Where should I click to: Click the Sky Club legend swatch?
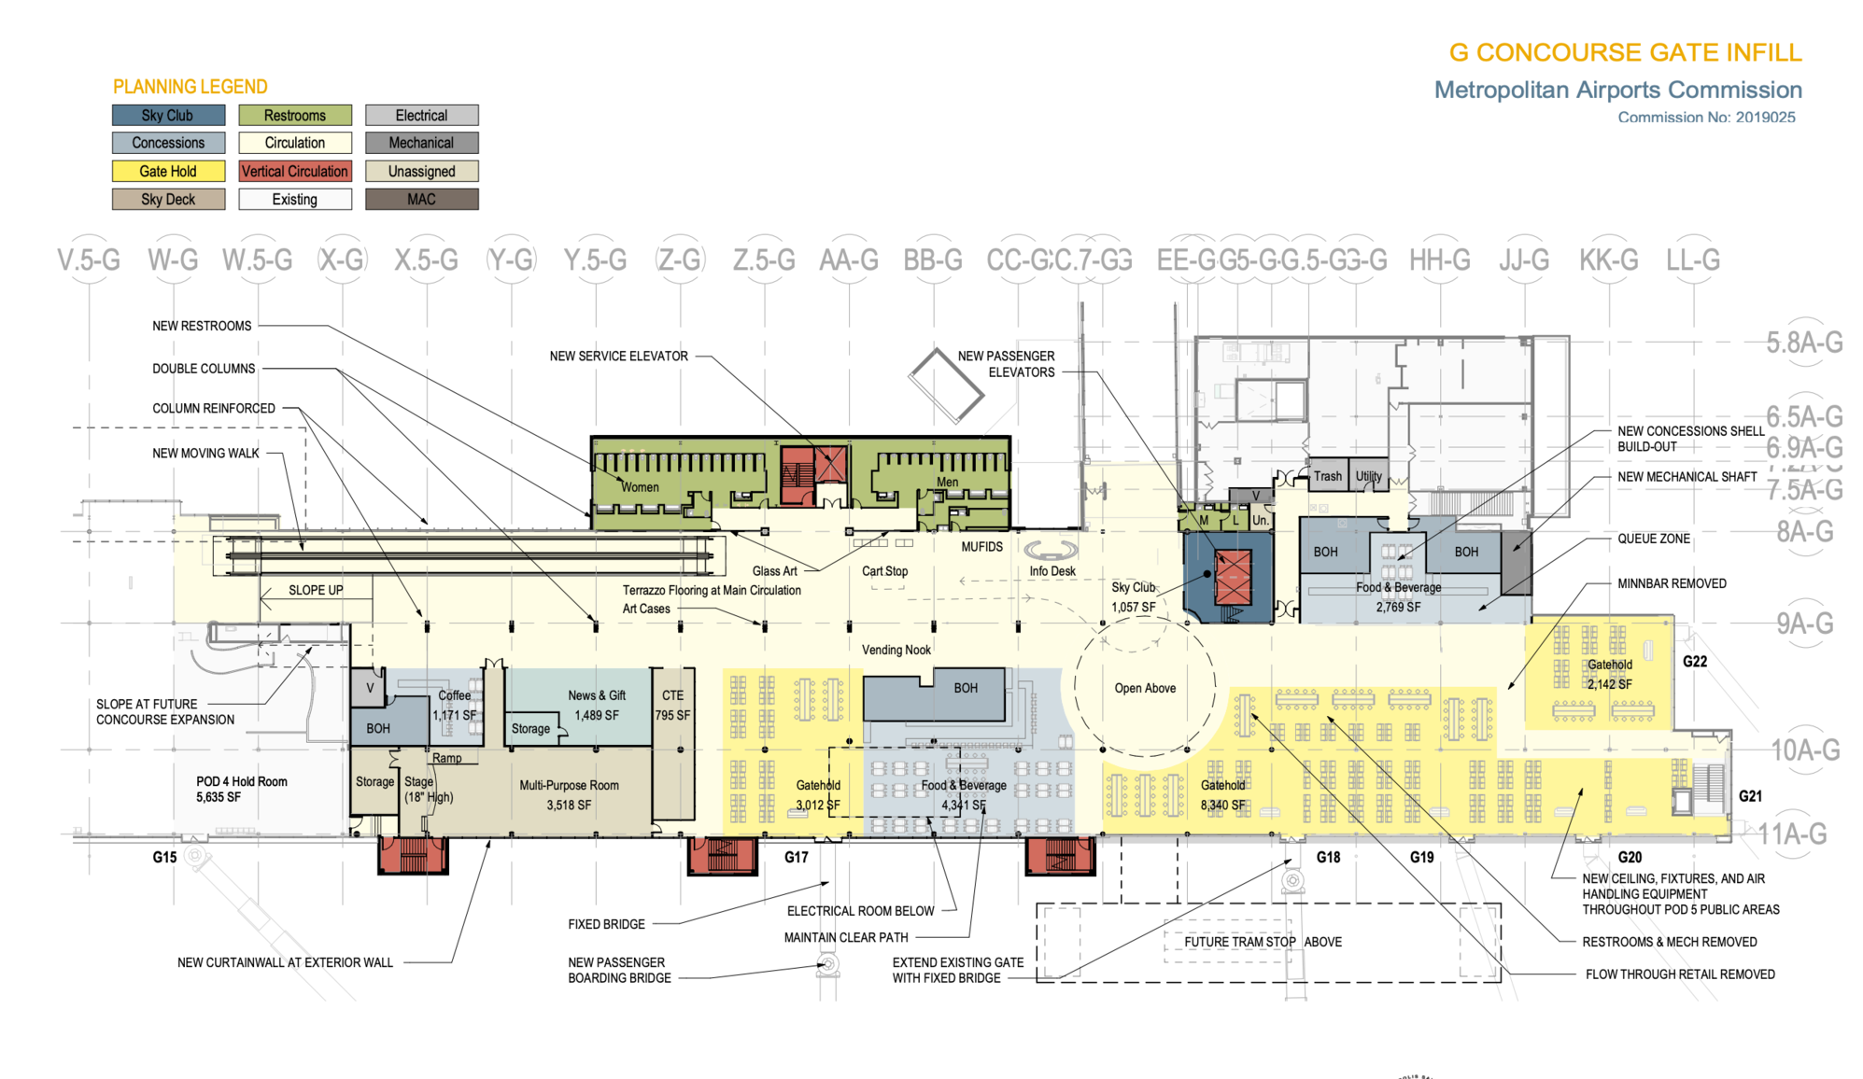pyautogui.click(x=168, y=116)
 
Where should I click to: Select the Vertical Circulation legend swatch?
pyautogui.click(x=294, y=172)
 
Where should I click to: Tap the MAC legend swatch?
pyautogui.click(x=421, y=200)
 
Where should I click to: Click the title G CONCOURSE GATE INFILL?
pyautogui.click(x=1625, y=53)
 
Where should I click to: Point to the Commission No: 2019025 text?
pyautogui.click(x=1706, y=118)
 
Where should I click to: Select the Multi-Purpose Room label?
pyautogui.click(x=569, y=786)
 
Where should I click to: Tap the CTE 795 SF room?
pyautogui.click(x=672, y=706)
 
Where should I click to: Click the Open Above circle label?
pyautogui.click(x=1145, y=689)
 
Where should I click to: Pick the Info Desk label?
pyautogui.click(x=1052, y=571)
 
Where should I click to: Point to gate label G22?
pyautogui.click(x=1694, y=662)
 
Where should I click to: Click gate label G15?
pyautogui.click(x=164, y=858)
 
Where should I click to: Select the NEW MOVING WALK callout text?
pyautogui.click(x=205, y=454)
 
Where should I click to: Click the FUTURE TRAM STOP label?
pyautogui.click(x=1239, y=943)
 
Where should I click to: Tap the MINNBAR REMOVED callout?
pyautogui.click(x=1672, y=584)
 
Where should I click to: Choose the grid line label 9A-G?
pyautogui.click(x=1804, y=624)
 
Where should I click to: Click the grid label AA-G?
pyautogui.click(x=849, y=260)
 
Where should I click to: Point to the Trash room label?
pyautogui.click(x=1327, y=477)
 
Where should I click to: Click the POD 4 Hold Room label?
pyautogui.click(x=241, y=782)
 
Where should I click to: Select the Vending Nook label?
pyautogui.click(x=896, y=651)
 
